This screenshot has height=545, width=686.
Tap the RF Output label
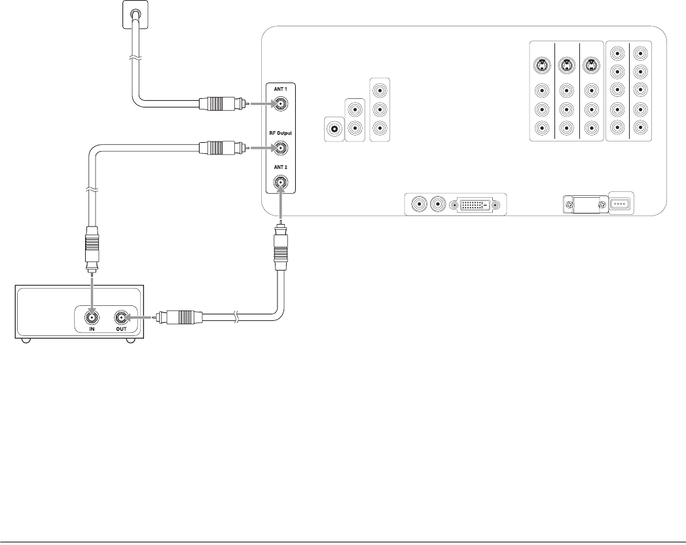click(x=280, y=133)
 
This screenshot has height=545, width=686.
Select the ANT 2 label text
click(x=280, y=167)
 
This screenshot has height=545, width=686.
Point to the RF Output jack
click(x=280, y=148)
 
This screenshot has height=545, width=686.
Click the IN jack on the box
click(x=91, y=319)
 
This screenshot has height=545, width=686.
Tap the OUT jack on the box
click(x=122, y=319)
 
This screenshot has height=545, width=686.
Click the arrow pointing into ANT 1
click(x=262, y=103)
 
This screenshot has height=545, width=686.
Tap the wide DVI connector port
click(x=476, y=206)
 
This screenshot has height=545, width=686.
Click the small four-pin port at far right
click(x=620, y=203)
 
